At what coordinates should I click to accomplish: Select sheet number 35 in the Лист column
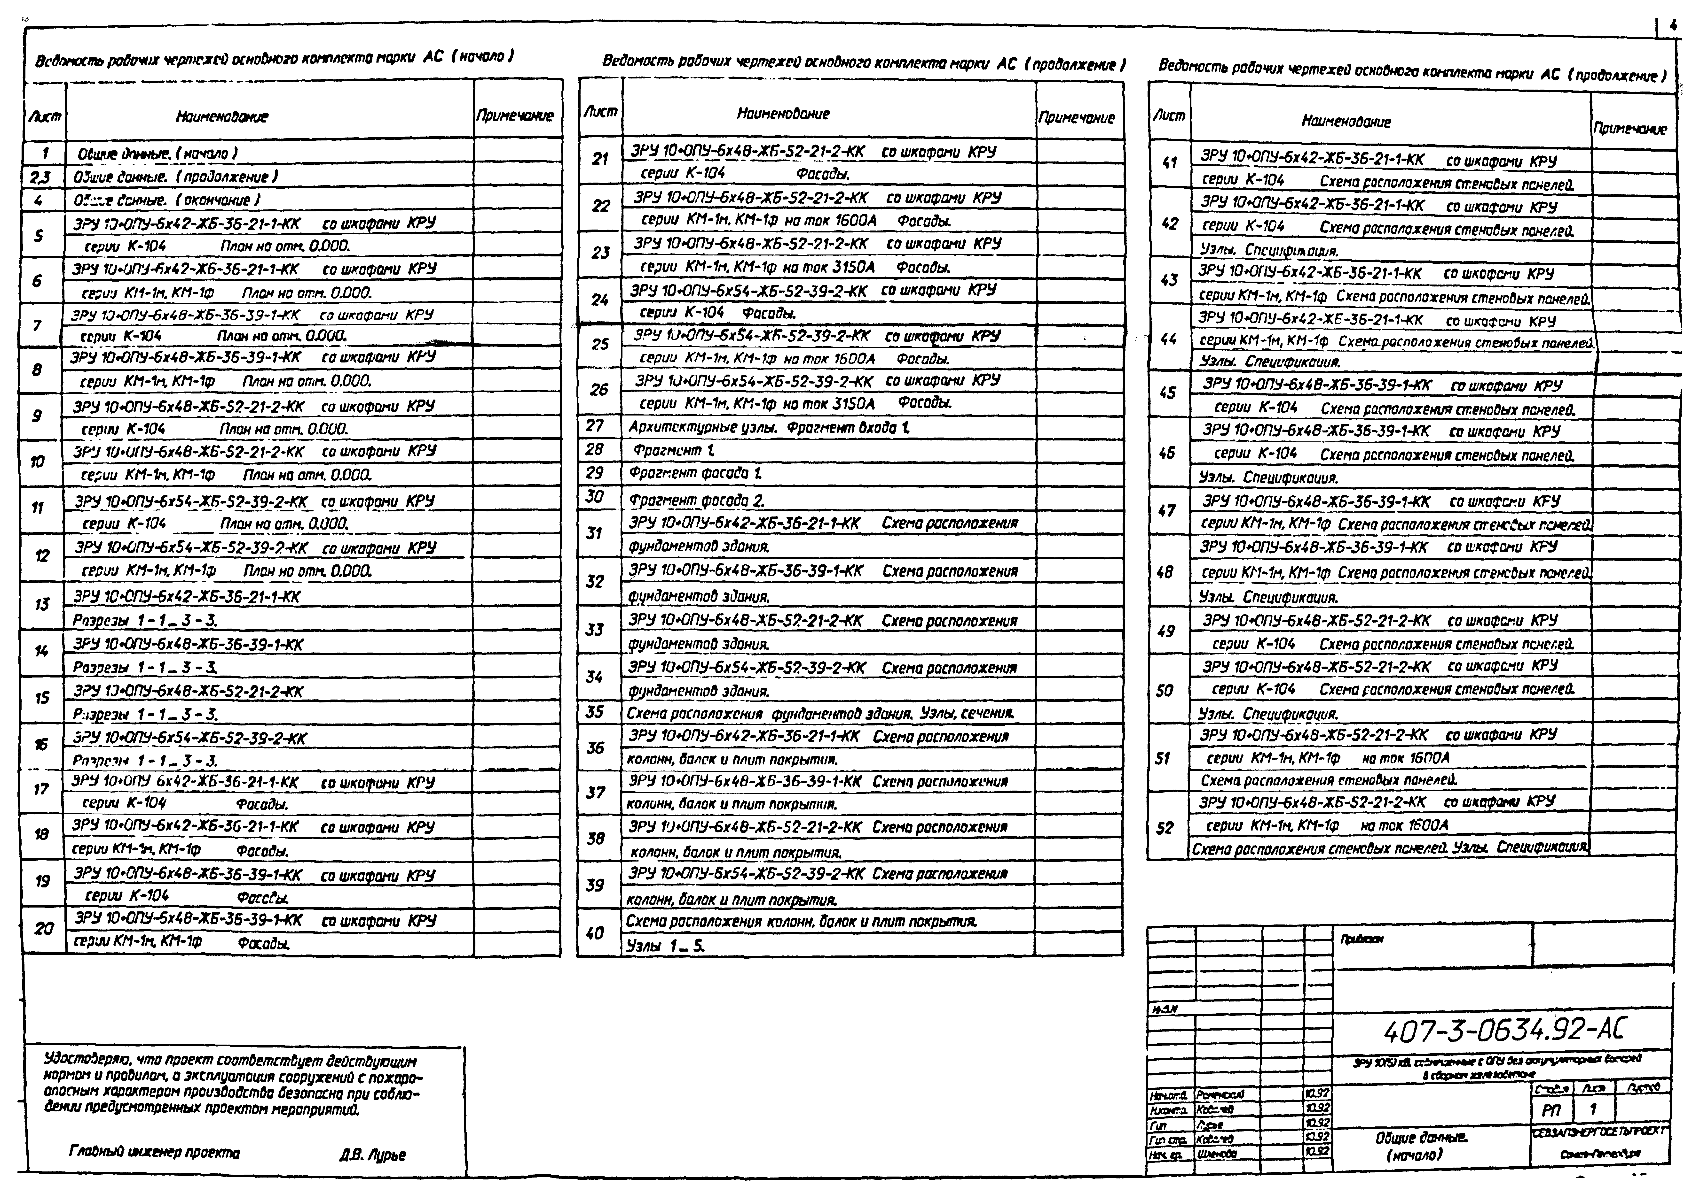[x=595, y=712]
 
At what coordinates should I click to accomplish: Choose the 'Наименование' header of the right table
[x=1346, y=122]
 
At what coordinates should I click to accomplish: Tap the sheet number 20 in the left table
[x=44, y=928]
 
